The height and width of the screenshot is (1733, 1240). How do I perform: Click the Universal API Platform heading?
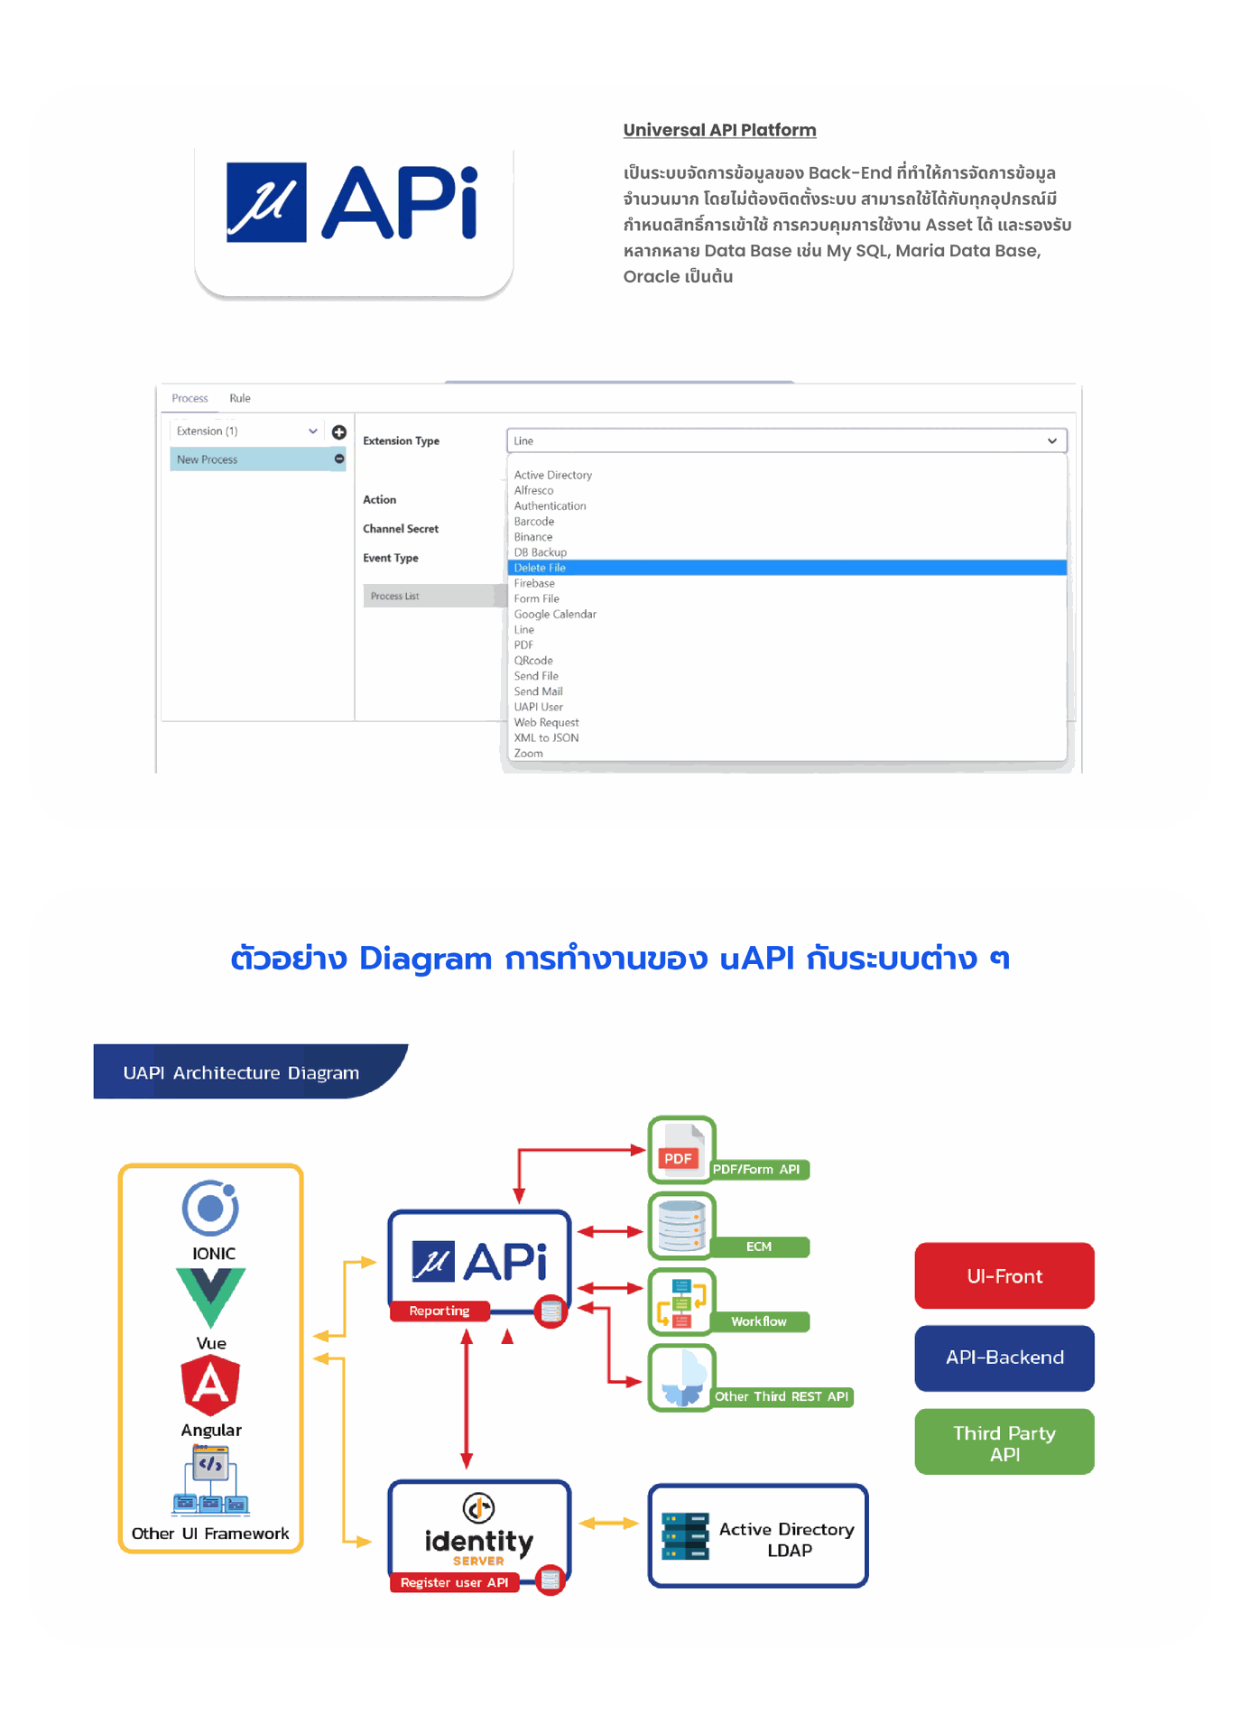point(719,130)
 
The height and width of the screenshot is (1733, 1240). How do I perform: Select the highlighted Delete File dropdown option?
point(540,568)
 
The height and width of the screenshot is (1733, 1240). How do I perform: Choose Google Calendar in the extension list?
point(555,614)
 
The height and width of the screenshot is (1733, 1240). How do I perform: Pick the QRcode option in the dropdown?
point(533,661)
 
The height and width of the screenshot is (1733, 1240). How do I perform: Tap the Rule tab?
point(239,398)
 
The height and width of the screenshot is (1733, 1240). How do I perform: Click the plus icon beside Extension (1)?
point(339,432)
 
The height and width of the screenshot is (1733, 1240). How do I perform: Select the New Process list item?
point(208,459)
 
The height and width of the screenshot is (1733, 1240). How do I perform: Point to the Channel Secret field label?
point(401,529)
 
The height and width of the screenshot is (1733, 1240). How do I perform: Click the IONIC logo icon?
point(210,1208)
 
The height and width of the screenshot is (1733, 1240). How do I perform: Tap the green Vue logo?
point(211,1296)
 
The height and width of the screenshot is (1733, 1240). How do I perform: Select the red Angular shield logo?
point(210,1385)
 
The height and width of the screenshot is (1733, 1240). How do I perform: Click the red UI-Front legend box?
point(1004,1276)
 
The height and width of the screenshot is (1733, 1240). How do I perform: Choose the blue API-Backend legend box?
point(1004,1358)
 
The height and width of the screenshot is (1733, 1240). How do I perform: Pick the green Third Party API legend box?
point(1004,1442)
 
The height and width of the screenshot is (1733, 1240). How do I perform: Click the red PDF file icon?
point(680,1152)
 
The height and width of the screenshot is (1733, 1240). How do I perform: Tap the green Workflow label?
point(759,1321)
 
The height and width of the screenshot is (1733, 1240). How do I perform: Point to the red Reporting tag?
point(440,1311)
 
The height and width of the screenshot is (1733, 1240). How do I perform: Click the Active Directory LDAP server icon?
point(685,1536)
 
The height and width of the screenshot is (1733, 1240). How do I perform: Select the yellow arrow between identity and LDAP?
point(608,1524)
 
